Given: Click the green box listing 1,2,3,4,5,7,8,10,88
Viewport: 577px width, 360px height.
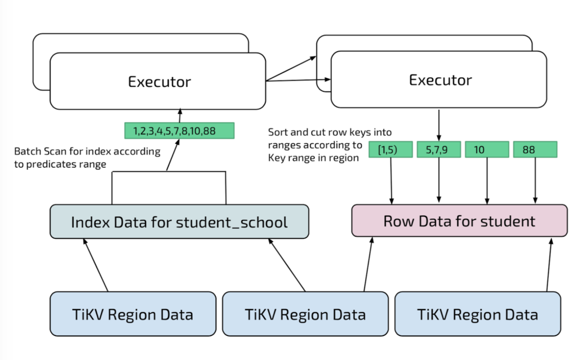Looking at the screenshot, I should (179, 131).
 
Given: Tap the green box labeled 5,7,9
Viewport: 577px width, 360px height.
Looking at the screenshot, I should (438, 150).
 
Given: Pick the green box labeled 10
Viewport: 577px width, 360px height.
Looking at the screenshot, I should (486, 150).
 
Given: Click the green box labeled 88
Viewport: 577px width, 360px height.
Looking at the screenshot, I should (535, 150).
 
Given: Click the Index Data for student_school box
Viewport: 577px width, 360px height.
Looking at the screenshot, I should (179, 221).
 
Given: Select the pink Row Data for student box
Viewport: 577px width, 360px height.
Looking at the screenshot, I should (459, 220).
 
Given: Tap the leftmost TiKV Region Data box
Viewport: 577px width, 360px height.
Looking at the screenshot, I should (133, 314).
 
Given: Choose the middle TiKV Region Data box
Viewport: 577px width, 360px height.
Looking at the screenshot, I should (305, 314).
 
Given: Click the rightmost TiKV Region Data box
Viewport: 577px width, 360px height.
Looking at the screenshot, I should (478, 314).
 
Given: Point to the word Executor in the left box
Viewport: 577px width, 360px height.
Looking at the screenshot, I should (159, 82).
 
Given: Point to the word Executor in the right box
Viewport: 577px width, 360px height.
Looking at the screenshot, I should (440, 79).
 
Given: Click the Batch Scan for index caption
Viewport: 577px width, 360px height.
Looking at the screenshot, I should (87, 157).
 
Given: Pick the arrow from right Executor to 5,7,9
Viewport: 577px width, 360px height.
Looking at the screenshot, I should (439, 124).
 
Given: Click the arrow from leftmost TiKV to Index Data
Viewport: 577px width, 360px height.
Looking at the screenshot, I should (96, 265).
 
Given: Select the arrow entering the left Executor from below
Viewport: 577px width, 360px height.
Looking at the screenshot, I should (180, 115).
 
